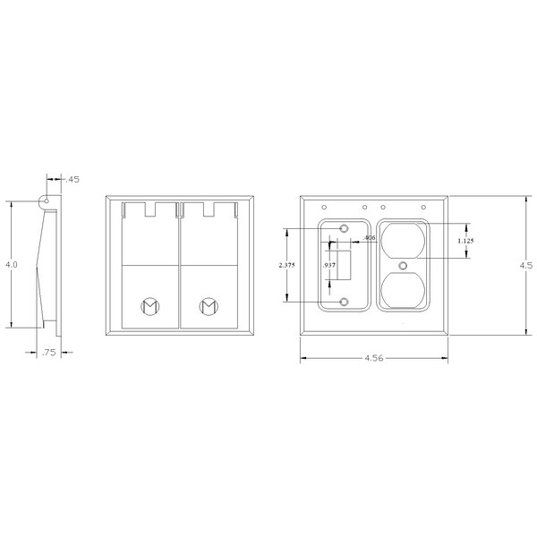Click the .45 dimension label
pos(73,180)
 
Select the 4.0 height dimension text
pos(11,266)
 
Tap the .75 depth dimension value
pos(50,353)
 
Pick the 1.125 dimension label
pos(465,241)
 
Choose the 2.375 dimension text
pos(286,266)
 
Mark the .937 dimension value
pos(329,266)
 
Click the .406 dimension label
pos(371,238)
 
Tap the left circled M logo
pos(149,306)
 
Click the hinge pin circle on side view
pos(46,202)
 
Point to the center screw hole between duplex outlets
pos(404,265)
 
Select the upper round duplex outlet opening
pos(404,239)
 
